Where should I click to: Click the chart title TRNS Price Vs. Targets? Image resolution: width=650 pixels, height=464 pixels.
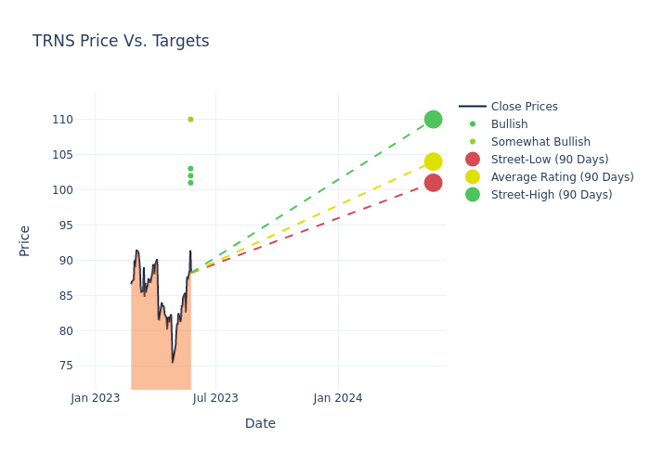(x=121, y=41)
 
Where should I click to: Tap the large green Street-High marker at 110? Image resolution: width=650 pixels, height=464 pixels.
(x=433, y=120)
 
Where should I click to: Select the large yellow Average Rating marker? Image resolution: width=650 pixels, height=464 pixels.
(x=433, y=161)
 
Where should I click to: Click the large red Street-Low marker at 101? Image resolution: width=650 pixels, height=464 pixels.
(x=433, y=183)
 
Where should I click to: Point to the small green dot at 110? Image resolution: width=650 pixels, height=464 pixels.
(x=190, y=120)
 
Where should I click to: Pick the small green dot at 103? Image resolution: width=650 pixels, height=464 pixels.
(x=190, y=169)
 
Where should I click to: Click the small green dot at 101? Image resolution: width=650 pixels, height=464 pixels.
(x=190, y=183)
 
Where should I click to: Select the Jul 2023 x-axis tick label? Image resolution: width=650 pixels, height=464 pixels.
(x=216, y=398)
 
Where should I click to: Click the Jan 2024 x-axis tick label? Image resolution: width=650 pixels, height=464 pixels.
(x=338, y=398)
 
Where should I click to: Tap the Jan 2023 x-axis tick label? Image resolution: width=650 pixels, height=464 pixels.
(x=96, y=398)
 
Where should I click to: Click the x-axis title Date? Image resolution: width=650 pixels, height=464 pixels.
(x=260, y=423)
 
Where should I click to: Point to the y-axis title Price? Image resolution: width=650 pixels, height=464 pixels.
(x=25, y=240)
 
